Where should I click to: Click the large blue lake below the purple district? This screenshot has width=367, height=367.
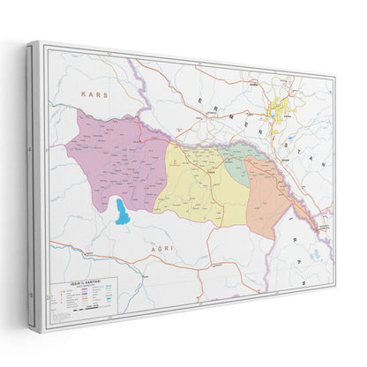[120, 212]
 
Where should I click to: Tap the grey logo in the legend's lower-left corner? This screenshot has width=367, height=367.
[56, 318]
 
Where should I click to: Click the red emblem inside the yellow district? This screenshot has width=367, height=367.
[175, 162]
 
